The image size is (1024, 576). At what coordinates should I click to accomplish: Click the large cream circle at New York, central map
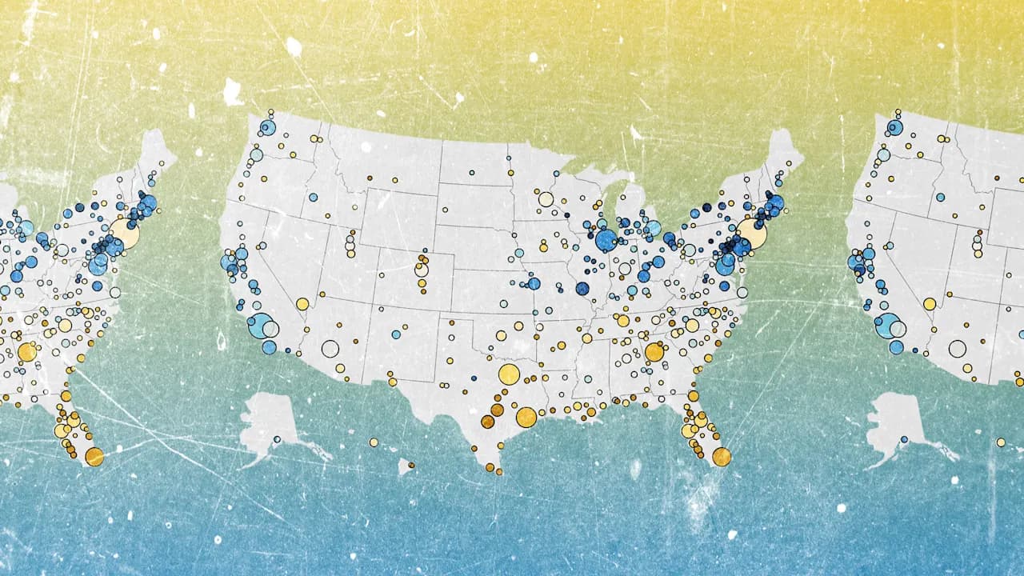tap(751, 234)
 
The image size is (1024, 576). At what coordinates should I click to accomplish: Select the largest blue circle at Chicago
tap(606, 240)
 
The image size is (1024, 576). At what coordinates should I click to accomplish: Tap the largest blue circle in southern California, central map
tap(259, 326)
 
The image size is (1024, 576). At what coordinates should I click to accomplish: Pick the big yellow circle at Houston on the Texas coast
tap(526, 417)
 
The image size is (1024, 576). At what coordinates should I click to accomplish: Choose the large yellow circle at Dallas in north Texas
tap(509, 374)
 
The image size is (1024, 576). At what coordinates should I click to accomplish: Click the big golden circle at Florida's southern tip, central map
tap(722, 456)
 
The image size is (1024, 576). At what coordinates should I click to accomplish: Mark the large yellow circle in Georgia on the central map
tap(654, 352)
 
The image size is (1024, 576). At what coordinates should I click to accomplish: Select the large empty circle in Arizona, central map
tap(330, 348)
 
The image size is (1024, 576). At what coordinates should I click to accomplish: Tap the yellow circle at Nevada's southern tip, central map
tap(302, 304)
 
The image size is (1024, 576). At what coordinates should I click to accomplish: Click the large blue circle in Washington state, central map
tap(267, 127)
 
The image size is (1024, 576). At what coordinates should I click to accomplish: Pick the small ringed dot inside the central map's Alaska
tap(277, 439)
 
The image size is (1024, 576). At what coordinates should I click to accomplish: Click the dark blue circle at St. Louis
tap(582, 289)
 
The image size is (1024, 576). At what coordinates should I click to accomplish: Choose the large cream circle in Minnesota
tap(546, 199)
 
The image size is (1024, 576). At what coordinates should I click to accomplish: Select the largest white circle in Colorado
tap(422, 270)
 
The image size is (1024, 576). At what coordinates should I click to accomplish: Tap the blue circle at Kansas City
tap(534, 283)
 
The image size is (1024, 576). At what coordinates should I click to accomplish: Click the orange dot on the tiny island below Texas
tap(411, 463)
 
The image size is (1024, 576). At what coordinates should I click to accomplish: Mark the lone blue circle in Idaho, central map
tap(313, 197)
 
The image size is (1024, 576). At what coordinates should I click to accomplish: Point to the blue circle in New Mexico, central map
tap(396, 334)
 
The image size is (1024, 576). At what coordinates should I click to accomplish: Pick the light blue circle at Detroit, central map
tap(654, 228)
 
